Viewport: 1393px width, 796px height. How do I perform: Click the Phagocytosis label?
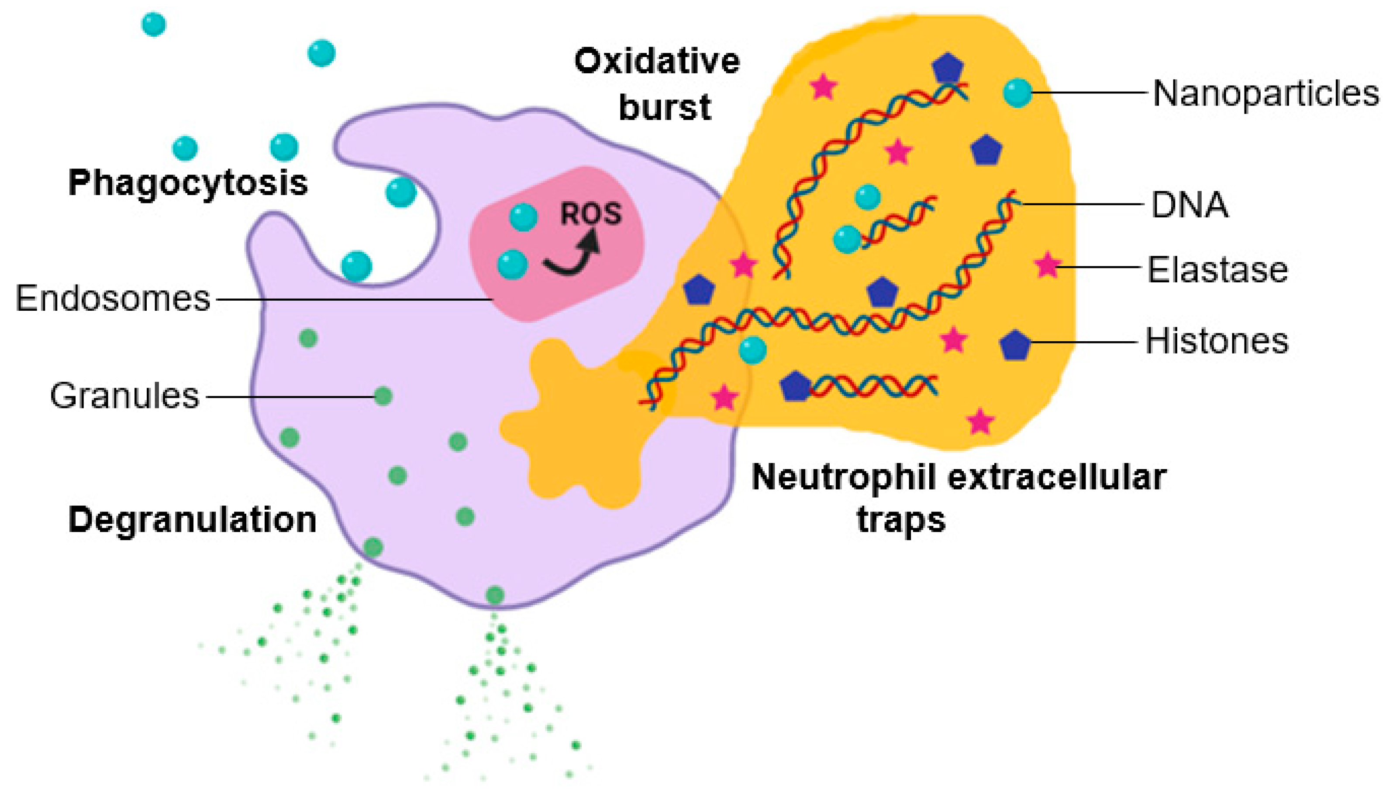pos(188,183)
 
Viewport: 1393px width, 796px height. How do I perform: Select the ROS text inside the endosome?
pos(591,214)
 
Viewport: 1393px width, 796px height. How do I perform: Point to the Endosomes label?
pos(113,299)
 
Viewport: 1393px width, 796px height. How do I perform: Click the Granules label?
pos(125,396)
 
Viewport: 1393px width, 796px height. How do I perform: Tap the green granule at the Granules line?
pos(383,396)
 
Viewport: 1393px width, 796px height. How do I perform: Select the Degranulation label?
pos(193,519)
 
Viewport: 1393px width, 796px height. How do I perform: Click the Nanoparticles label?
pos(1265,93)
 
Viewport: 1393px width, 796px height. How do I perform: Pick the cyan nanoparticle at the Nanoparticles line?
pos(1017,93)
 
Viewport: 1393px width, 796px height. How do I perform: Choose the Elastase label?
pos(1217,270)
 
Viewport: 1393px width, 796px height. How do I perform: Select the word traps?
pos(901,519)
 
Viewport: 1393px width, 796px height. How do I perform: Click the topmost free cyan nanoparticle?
pos(154,24)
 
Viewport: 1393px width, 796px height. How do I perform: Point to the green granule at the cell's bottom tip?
pos(494,595)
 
